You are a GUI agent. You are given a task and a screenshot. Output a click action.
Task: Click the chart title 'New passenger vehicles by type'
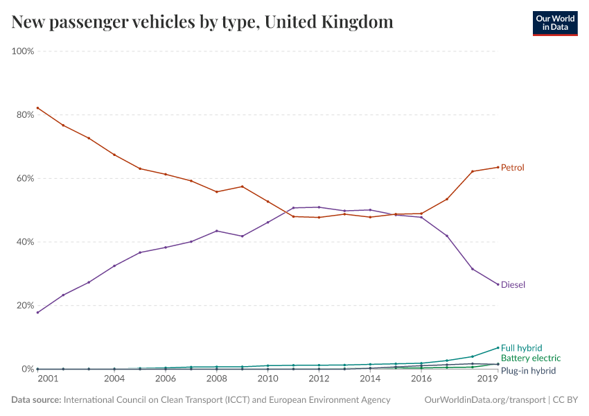coord(202,22)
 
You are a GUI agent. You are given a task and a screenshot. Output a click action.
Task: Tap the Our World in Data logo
coord(554,22)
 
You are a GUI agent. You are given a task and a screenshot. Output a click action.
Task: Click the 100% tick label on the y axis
coord(23,51)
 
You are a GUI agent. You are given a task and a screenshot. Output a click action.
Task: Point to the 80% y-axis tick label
coord(24,115)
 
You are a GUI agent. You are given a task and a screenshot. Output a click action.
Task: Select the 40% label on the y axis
coord(24,242)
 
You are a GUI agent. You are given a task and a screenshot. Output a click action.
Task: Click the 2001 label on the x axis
coord(47,379)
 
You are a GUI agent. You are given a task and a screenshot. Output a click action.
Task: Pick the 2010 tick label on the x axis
coord(267,379)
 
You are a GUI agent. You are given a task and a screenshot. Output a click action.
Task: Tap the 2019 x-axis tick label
coord(488,379)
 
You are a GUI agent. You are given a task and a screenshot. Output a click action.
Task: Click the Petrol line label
coord(512,168)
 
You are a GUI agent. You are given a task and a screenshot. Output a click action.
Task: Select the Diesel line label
coord(512,285)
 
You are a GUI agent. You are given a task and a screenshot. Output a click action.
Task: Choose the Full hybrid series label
coord(521,348)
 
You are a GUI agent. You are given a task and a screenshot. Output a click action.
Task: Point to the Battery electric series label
coord(530,358)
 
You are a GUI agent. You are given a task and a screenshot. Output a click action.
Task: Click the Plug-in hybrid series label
coord(528,371)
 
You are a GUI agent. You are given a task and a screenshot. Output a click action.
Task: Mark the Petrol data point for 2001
coord(37,107)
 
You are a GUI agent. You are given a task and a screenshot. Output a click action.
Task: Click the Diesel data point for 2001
coord(37,313)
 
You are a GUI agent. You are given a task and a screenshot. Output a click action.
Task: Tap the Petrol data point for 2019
coord(498,167)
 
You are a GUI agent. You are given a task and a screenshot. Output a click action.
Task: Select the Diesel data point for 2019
coord(498,284)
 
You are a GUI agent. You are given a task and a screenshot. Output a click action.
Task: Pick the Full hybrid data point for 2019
coord(498,347)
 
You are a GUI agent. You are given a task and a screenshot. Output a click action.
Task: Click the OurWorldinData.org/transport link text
coord(484,400)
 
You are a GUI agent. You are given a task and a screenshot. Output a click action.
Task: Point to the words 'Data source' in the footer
coord(35,400)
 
